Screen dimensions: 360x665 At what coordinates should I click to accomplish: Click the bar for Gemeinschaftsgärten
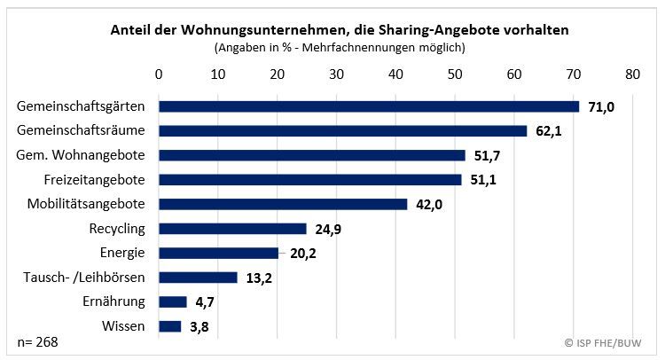click(x=368, y=106)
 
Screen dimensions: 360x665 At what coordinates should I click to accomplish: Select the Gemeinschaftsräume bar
click(x=342, y=130)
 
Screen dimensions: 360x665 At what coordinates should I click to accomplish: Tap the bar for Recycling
click(x=232, y=229)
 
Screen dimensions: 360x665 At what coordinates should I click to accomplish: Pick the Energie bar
click(x=218, y=253)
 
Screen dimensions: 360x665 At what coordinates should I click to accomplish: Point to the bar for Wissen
click(x=169, y=326)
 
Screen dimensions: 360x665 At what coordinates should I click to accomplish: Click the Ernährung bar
click(x=172, y=301)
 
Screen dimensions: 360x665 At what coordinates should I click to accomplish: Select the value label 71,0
click(x=601, y=106)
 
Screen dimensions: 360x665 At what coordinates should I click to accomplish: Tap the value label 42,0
click(x=430, y=205)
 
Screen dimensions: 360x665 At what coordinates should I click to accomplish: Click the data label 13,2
click(x=260, y=278)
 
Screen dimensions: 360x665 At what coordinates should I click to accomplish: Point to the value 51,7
click(x=488, y=156)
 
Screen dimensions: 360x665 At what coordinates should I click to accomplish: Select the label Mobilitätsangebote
click(x=92, y=204)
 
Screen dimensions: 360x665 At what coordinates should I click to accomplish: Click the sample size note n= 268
click(x=35, y=342)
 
